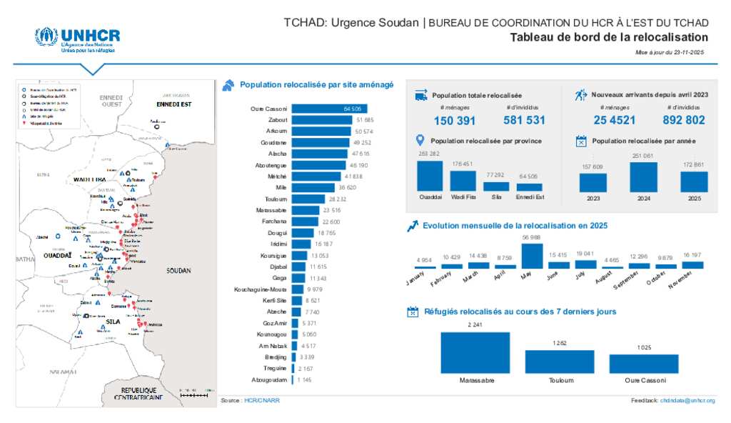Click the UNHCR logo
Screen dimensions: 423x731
pyautogui.click(x=77, y=40)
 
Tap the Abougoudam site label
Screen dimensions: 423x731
pyautogui.click(x=270, y=379)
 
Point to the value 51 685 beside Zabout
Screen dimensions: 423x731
pyautogui.click(x=365, y=120)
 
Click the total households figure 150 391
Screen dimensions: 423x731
pyautogui.click(x=454, y=121)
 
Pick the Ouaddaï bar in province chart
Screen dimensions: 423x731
pyautogui.click(x=430, y=176)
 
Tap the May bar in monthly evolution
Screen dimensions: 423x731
pyautogui.click(x=532, y=256)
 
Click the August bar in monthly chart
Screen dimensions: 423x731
pyautogui.click(x=612, y=267)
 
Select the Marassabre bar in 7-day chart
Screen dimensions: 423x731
pyautogui.click(x=475, y=352)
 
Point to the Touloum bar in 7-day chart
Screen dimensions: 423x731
pyautogui.click(x=555, y=362)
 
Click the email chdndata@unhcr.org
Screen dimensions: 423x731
pyautogui.click(x=687, y=401)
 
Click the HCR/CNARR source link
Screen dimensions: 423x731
pyautogui.click(x=262, y=401)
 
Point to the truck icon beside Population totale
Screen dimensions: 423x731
pyautogui.click(x=420, y=95)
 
